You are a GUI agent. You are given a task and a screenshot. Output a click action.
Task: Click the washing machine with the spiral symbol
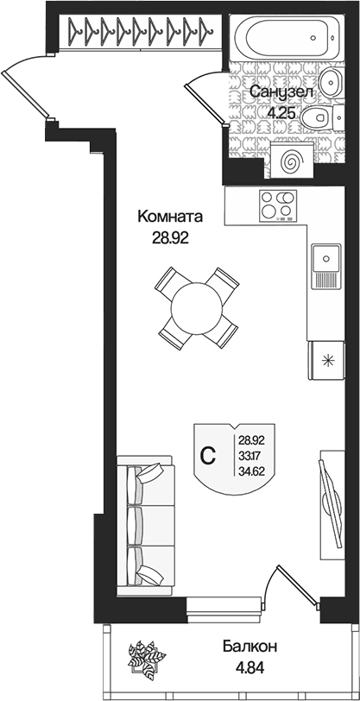click(x=290, y=159)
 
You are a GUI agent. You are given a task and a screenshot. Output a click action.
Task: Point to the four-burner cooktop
click(x=278, y=205)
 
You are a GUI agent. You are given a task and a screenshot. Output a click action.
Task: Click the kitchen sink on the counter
click(x=326, y=265)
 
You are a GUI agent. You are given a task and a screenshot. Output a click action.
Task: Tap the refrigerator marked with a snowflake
click(x=326, y=360)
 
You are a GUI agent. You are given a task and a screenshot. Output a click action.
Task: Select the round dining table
click(x=196, y=308)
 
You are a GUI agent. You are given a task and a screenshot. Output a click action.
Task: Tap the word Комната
click(x=170, y=217)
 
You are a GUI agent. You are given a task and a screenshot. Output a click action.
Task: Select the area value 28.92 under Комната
click(x=170, y=238)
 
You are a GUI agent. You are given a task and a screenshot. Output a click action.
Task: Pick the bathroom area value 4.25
click(x=281, y=112)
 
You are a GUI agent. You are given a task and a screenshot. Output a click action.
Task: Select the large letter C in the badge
click(x=207, y=456)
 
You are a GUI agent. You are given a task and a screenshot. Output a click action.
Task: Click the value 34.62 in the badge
click(x=252, y=470)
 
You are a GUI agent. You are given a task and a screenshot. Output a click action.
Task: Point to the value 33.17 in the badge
click(x=252, y=455)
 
